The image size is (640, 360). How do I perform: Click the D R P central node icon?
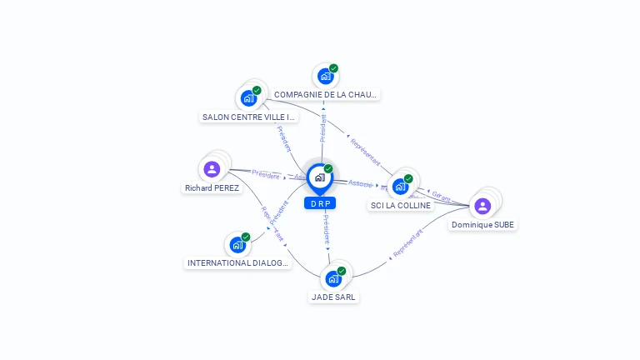[x=319, y=177]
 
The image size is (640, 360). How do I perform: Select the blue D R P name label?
[x=319, y=203]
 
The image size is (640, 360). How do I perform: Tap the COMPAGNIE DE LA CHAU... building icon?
[x=325, y=77]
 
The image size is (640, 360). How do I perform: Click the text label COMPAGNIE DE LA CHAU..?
[x=326, y=95]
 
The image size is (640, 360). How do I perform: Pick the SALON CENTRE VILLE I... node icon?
[x=248, y=98]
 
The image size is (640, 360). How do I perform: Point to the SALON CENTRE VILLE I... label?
[x=249, y=117]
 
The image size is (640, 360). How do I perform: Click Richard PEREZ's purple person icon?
[x=212, y=169]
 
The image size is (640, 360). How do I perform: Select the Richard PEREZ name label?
[x=212, y=188]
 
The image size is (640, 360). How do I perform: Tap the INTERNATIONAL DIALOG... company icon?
[x=237, y=245]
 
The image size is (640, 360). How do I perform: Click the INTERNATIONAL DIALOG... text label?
[x=238, y=263]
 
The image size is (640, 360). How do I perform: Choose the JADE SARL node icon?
[x=334, y=278]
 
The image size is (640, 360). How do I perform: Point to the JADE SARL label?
[x=335, y=297]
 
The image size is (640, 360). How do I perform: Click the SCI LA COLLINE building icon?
[x=400, y=187]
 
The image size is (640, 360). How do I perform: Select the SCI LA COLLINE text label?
[x=400, y=206]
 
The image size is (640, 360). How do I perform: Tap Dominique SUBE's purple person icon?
[x=482, y=206]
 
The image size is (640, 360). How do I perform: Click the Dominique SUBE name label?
[x=483, y=225]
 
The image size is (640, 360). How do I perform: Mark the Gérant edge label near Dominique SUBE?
[x=442, y=198]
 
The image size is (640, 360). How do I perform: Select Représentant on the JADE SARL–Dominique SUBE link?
[x=407, y=242]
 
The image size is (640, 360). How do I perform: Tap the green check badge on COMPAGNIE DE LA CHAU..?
[x=333, y=68]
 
